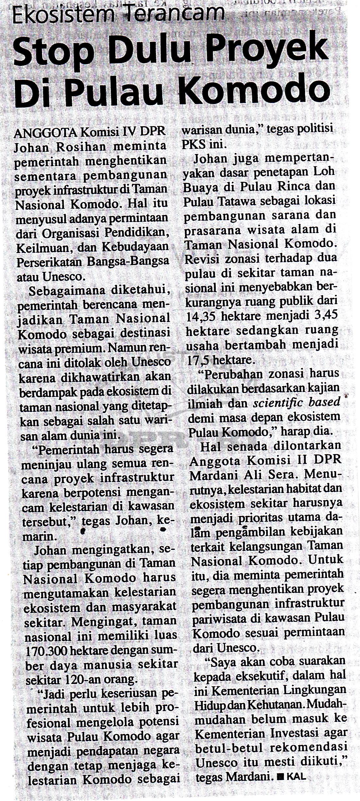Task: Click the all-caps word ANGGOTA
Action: [45, 133]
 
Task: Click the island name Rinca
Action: [289, 186]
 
